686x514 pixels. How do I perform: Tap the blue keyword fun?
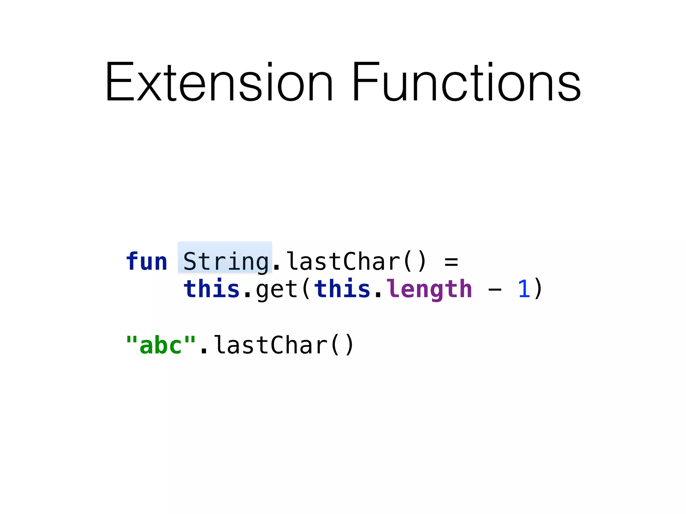click(x=146, y=261)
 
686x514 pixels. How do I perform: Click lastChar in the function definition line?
click(x=344, y=261)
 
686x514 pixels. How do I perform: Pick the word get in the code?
click(x=277, y=289)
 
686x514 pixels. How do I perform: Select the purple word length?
click(x=429, y=289)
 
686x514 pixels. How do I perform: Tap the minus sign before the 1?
click(x=495, y=290)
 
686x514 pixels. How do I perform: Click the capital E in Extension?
click(x=120, y=82)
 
